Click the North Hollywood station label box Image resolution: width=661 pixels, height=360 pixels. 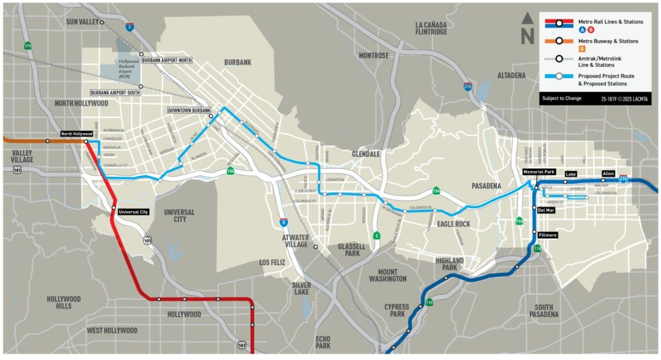point(77,134)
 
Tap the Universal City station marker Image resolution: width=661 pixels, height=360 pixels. point(114,208)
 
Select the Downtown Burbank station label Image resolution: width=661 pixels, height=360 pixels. point(189,110)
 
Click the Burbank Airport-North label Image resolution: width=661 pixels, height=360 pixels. point(167,60)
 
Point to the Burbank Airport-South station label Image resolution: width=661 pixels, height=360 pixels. point(116,93)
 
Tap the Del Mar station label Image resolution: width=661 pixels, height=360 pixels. point(545,210)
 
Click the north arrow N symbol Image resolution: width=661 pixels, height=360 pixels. point(527,30)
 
